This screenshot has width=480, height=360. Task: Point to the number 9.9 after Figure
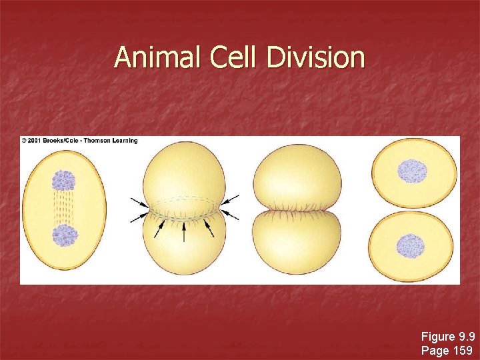(x=465, y=337)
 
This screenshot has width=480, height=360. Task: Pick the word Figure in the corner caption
(x=437, y=337)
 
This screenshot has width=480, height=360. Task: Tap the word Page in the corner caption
(x=435, y=350)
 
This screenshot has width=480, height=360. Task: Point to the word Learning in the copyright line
(x=125, y=141)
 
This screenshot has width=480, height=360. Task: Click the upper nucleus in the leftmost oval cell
(x=64, y=180)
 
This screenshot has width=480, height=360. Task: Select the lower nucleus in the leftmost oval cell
(x=65, y=236)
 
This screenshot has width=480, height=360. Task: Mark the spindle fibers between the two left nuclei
(x=64, y=208)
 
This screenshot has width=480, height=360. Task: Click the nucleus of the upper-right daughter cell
(x=412, y=171)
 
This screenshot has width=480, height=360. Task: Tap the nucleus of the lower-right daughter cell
(x=411, y=247)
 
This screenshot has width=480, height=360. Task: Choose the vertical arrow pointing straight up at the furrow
(x=184, y=231)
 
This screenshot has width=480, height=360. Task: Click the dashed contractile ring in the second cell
(x=184, y=199)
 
